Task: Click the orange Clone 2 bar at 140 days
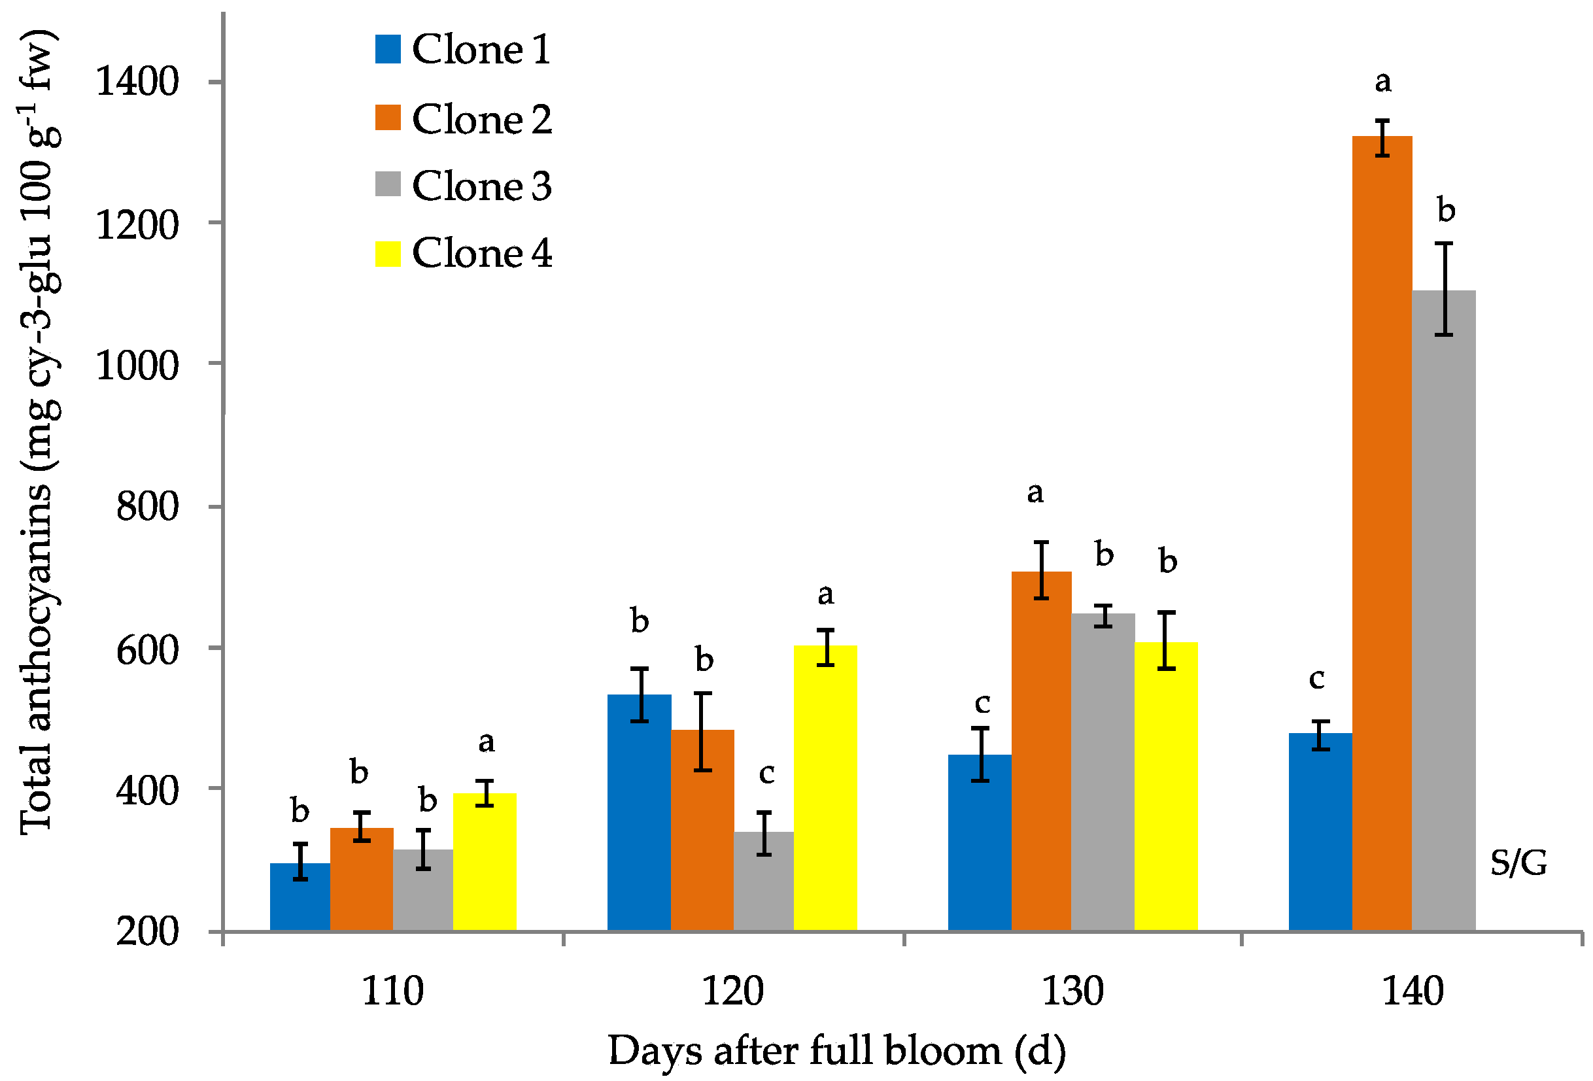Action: [x=1381, y=535]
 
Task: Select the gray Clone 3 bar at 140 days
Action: [x=1443, y=610]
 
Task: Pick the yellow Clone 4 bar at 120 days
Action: [x=825, y=788]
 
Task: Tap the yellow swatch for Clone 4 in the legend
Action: [x=387, y=254]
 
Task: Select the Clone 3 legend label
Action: [x=481, y=186]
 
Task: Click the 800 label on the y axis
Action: [x=146, y=507]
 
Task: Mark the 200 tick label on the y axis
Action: [x=146, y=931]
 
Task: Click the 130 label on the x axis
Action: [x=1072, y=991]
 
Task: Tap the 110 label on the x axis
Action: [x=392, y=991]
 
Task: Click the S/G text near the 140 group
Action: [x=1518, y=863]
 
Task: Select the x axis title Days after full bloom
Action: [x=836, y=1052]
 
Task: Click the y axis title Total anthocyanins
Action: [x=38, y=432]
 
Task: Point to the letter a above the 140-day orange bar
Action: [x=1382, y=82]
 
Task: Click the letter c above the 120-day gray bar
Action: [x=766, y=773]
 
